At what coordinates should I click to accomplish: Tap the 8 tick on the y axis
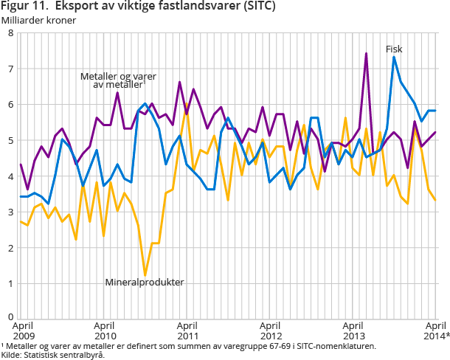tap(10, 33)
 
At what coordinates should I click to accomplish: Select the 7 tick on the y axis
tap(10, 69)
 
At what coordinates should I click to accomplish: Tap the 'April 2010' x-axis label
tap(105, 329)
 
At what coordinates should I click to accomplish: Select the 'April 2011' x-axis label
tap(188, 329)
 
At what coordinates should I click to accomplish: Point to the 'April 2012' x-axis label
tap(271, 329)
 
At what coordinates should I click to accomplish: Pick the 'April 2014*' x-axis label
tap(436, 329)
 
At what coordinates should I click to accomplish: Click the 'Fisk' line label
tap(394, 49)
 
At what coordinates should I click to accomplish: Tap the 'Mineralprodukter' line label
tap(144, 282)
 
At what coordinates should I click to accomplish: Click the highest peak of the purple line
tap(366, 53)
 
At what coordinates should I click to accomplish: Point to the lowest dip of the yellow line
tap(145, 275)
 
